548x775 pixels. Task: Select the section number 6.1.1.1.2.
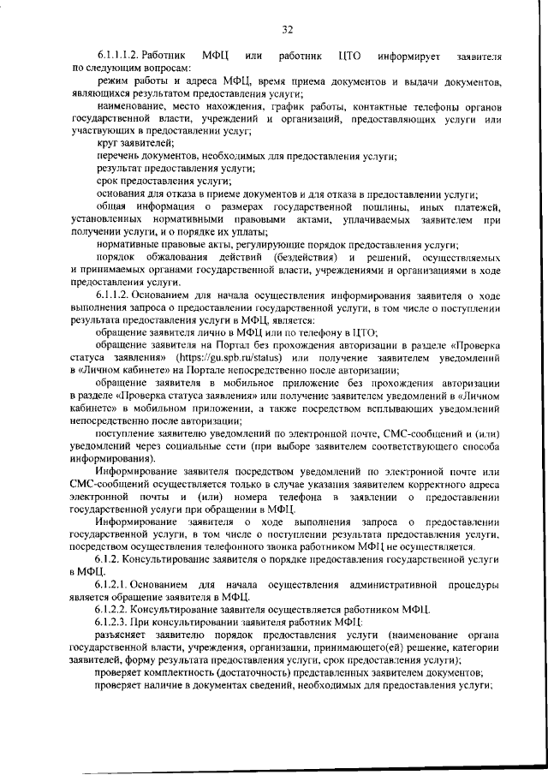click(121, 57)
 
